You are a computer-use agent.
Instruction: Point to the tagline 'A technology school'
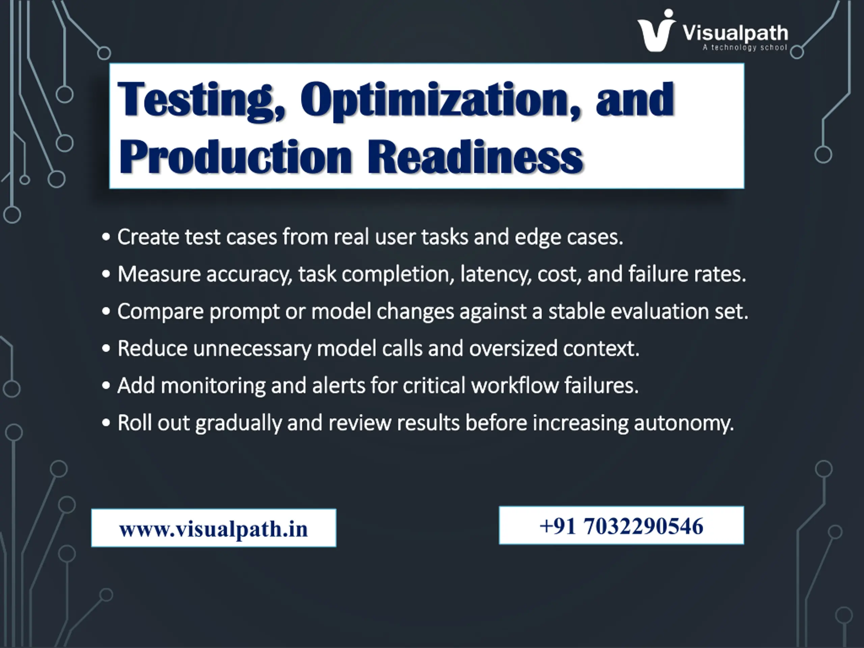click(x=745, y=48)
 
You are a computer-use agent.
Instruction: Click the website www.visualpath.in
click(x=214, y=529)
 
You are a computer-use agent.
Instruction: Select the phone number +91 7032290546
click(x=621, y=526)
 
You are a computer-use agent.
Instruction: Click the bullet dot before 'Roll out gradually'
click(x=106, y=423)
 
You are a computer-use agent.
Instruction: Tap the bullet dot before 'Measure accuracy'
click(x=106, y=274)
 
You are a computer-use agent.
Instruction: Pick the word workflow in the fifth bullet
click(x=515, y=385)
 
